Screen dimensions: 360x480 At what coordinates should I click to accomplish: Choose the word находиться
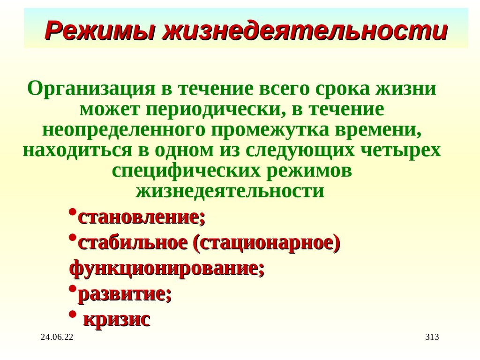pos(69,150)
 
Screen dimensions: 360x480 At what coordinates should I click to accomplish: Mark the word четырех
pos(401,150)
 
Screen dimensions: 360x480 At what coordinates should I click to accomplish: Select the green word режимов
pos(309,171)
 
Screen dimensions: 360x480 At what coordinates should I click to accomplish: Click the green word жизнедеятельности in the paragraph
pos(230,191)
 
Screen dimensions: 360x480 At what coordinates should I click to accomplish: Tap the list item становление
pos(141,217)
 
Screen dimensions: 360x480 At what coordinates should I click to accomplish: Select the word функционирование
pos(166,269)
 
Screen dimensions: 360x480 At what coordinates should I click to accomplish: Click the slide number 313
pos(431,337)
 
